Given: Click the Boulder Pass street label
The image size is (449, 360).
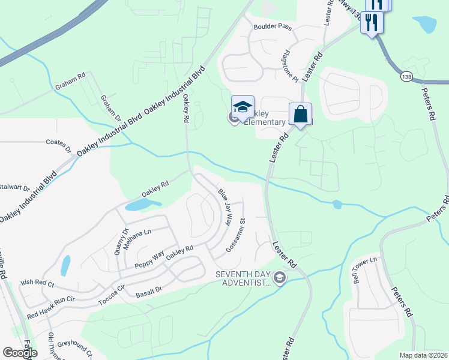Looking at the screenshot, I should coord(272,27).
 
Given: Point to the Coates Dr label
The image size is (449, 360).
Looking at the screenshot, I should coord(59,143).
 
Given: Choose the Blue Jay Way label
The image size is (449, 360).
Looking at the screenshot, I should coord(225,207).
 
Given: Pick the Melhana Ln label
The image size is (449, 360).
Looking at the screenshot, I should coord(137,239).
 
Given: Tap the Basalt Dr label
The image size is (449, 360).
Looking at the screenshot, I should coord(149,290).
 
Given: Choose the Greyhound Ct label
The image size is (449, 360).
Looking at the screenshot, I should coord(75,346).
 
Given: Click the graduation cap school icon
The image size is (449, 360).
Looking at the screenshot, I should coord(243,108).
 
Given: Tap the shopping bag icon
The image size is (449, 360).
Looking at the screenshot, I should coord(300,113).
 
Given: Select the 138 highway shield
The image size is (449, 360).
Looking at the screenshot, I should coord(407,76).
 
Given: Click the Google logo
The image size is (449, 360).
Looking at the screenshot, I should coord(20,353).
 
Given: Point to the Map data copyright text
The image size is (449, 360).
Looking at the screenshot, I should coord(424,355).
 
